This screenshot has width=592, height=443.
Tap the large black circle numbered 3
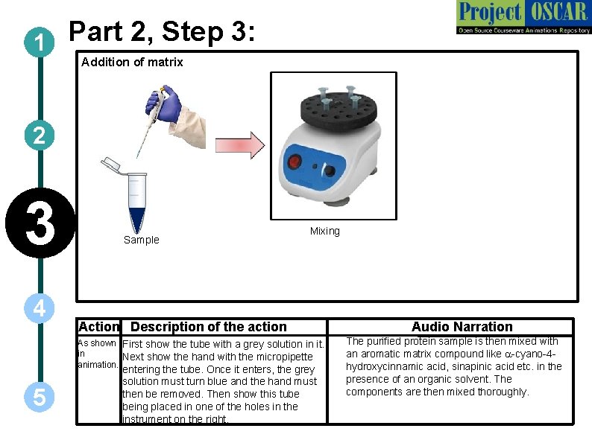tap(38, 225)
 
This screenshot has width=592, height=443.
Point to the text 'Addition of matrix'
tap(132, 63)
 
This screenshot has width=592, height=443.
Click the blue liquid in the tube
tap(138, 217)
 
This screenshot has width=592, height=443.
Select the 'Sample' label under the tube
tap(141, 240)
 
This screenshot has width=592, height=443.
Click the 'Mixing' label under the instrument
tap(324, 231)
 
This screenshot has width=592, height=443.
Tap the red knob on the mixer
tap(295, 162)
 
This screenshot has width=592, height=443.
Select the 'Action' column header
tap(98, 327)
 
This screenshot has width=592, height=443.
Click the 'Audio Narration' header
tap(462, 327)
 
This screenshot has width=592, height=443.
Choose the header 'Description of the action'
tap(208, 327)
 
